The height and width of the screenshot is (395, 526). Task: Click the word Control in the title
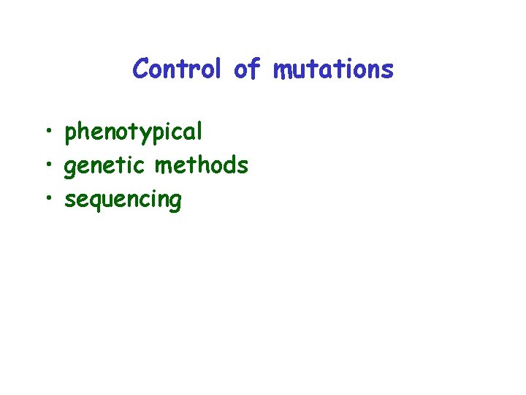coord(176,69)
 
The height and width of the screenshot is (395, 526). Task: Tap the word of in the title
coord(247,69)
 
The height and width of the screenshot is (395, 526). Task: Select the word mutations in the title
coord(333,69)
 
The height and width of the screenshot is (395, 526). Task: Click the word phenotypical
coord(133,132)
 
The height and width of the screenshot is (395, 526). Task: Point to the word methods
coord(201,165)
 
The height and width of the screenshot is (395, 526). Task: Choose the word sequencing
coord(123,200)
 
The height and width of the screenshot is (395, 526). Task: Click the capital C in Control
coord(141,69)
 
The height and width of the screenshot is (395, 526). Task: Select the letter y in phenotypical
coord(150,135)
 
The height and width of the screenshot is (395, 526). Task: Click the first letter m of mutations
coord(281,70)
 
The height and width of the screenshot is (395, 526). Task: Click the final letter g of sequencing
coord(175,202)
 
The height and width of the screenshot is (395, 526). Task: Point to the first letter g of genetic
coord(72,168)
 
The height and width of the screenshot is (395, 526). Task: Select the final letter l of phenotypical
coord(199,132)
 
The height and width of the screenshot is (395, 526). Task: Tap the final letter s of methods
coord(243,167)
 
